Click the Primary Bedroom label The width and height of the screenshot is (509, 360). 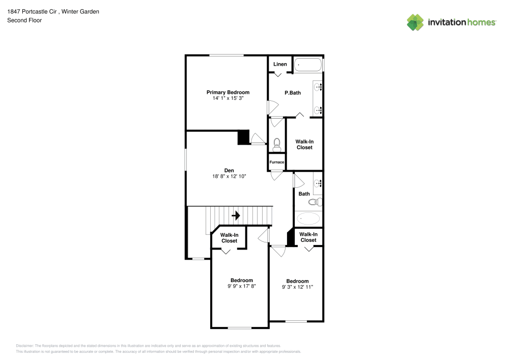coord(228,92)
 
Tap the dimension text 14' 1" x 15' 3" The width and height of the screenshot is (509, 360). coord(228,98)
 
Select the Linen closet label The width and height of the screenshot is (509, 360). coord(280,64)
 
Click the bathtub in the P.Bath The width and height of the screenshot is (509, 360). coord(308,65)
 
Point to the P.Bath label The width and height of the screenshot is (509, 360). coord(292,93)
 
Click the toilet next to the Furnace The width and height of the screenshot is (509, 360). coord(277,144)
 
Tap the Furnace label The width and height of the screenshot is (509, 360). coord(277,162)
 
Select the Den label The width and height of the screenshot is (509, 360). coord(229,170)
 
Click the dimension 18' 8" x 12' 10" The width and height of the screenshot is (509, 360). coord(229,176)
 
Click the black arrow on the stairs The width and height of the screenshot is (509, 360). coord(236,215)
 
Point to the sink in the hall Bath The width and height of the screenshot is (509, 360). coord(317,183)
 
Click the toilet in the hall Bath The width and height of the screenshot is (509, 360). coord(316,202)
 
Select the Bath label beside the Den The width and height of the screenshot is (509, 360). coord(304,193)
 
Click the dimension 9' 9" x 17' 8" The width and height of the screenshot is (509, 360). coord(241,286)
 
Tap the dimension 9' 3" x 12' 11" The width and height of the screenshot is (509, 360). coord(297,287)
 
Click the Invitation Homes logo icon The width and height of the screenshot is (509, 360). coord(415,22)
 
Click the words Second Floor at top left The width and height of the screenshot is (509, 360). coord(24,20)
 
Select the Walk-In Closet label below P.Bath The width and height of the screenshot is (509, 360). coord(304,144)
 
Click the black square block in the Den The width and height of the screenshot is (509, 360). coord(244,137)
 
